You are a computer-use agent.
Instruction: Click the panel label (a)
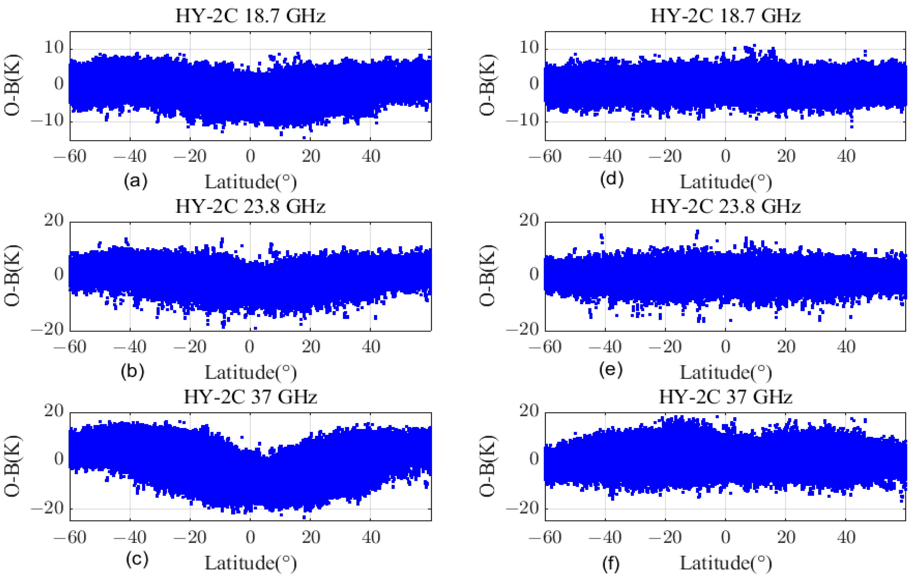(136, 181)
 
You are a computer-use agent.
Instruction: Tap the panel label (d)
(611, 179)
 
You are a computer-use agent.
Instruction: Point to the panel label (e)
(611, 369)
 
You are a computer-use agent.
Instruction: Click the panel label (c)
(137, 559)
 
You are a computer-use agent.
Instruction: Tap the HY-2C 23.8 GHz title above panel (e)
(725, 207)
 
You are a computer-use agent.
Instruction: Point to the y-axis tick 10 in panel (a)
(53, 48)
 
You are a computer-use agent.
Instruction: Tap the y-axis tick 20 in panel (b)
(53, 220)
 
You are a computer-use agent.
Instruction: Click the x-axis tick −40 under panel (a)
(130, 156)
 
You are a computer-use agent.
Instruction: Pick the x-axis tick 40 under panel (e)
(846, 347)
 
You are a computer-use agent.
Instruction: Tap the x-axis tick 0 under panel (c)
(250, 537)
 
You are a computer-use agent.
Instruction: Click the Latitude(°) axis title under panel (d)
(725, 182)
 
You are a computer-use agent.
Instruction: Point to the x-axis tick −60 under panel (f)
(545, 537)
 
